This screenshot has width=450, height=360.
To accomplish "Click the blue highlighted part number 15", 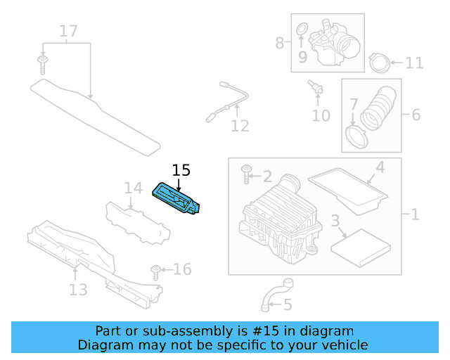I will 177,199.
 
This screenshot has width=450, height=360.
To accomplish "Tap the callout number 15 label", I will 181,170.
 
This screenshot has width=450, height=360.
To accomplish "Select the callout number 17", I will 68,31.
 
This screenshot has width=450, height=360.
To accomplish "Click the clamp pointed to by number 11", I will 379,64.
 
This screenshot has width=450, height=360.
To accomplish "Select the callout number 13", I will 78,289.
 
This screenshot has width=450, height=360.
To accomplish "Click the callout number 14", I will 133,188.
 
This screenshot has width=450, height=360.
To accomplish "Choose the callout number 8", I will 280,43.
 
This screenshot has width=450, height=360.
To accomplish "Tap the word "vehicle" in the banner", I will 345,345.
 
